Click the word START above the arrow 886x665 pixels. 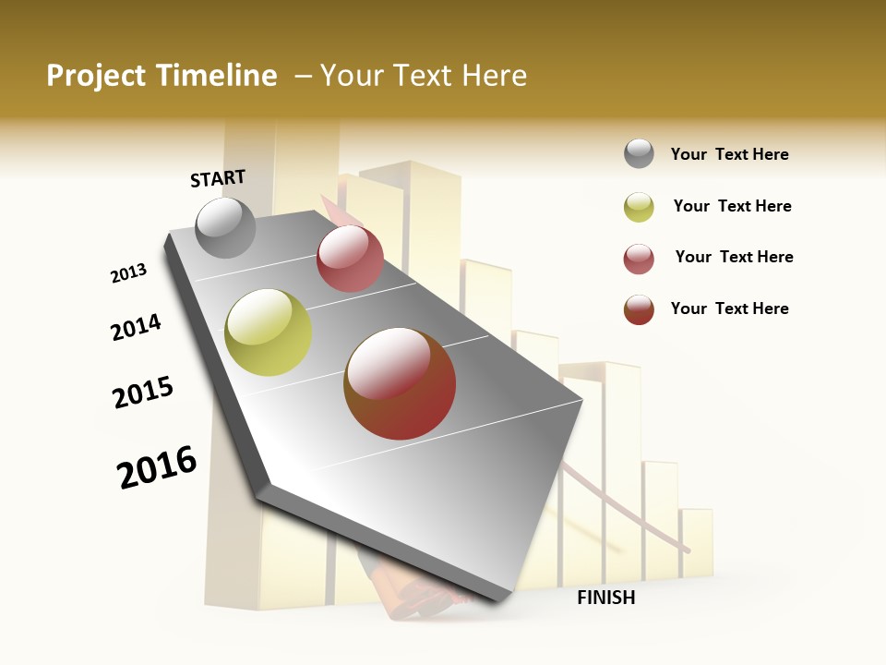[218, 178]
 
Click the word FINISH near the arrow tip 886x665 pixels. [605, 598]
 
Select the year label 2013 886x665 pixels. [128, 273]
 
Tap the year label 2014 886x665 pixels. [136, 327]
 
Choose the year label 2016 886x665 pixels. [157, 467]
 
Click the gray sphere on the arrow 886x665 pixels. [226, 227]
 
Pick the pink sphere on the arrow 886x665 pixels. [350, 259]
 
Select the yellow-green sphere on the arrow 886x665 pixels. [269, 332]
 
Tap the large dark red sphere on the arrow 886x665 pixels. [400, 383]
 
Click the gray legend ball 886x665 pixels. [639, 154]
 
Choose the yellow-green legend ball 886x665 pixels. [639, 207]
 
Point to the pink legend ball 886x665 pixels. [639, 259]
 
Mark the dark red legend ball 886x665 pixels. [639, 309]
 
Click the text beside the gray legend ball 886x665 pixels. [729, 154]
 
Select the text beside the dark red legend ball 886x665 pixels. [729, 308]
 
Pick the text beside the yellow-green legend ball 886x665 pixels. [732, 206]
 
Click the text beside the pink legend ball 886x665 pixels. [734, 257]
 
